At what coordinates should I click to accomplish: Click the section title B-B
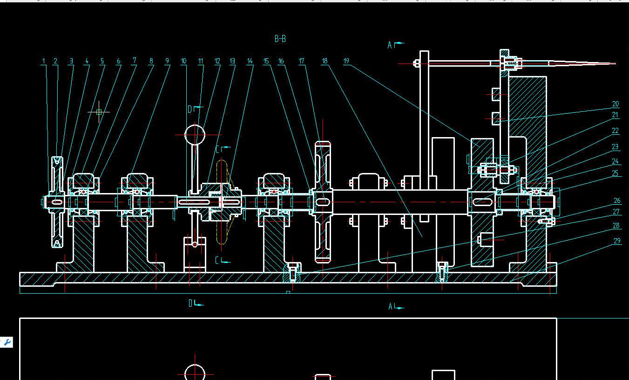coord(280,39)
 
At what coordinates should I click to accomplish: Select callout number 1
coord(44,61)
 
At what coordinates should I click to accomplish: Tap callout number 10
coord(183,61)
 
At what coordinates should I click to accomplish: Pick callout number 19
coord(346,61)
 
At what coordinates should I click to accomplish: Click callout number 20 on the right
coord(615,104)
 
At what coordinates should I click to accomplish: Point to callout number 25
coord(615,173)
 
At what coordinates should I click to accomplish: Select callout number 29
coord(617,241)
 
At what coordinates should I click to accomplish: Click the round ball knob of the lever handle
coord(195,135)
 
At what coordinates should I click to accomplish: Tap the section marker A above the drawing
coord(390,45)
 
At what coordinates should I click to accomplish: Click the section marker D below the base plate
coord(190,304)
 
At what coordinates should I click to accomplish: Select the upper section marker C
coord(217,149)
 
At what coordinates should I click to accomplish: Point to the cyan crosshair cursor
coord(99,112)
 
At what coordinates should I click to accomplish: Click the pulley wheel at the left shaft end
coord(57,202)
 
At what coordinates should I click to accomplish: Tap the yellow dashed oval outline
coord(222,202)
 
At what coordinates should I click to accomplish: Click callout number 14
coord(250,61)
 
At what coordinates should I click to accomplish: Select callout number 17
coord(301,61)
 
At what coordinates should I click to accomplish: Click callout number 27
coord(616,212)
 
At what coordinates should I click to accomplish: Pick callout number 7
coord(134,60)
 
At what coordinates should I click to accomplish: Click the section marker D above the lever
coord(190,109)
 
